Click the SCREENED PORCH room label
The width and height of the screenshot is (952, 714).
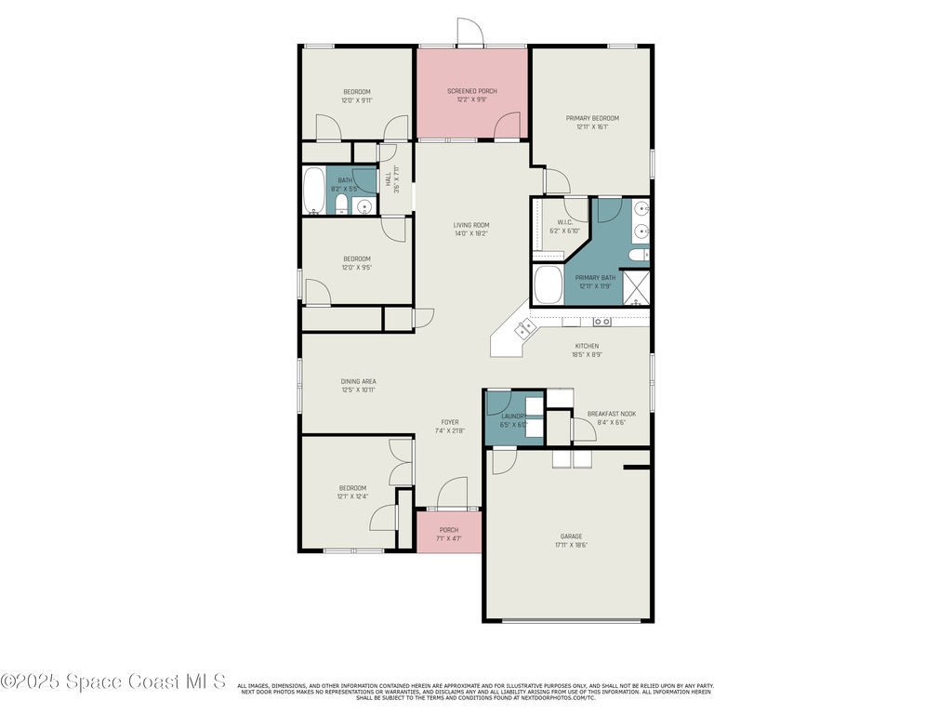[x=471, y=91]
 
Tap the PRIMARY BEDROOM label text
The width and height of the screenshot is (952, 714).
[x=592, y=118]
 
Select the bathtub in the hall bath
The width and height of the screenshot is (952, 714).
[x=314, y=191]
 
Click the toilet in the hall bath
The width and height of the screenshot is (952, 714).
[x=341, y=205]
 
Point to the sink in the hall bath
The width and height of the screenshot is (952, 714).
[x=364, y=206]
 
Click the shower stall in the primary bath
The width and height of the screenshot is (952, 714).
[x=636, y=287]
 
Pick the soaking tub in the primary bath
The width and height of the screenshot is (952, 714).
[x=548, y=285]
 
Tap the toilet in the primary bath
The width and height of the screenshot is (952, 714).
[x=638, y=255]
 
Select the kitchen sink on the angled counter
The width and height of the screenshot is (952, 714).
[x=525, y=326]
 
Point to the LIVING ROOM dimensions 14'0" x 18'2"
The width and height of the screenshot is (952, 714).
[x=471, y=233]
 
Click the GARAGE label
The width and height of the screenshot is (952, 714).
[x=571, y=536]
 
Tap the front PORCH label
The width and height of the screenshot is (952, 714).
[x=449, y=530]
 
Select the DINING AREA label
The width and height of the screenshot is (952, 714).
[x=358, y=381]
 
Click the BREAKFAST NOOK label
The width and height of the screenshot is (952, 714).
[x=611, y=414]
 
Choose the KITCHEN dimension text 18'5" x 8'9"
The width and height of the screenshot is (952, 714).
[x=587, y=354]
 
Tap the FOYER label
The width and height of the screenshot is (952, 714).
[x=450, y=422]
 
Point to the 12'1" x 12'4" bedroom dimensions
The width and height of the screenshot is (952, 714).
[x=352, y=496]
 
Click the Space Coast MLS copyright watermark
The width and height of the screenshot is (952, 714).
[x=113, y=681]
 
